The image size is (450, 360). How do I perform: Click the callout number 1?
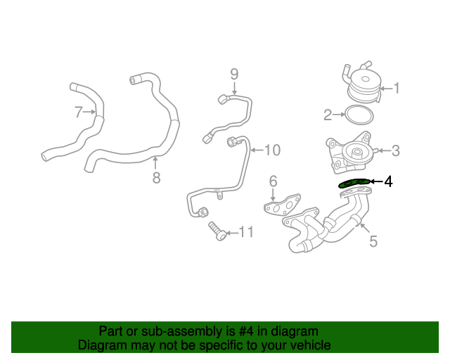coord(397,89)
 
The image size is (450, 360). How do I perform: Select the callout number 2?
coord(328,115)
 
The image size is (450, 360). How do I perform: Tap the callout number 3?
coord(396,150)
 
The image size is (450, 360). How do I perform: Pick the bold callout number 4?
coord(387,181)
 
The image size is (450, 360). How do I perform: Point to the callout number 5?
coord(373,241)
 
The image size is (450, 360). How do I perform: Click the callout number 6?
coord(274,182)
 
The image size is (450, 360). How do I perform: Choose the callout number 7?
coord(79,110)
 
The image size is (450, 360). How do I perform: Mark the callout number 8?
coord(156,177)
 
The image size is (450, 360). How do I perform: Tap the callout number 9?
coord(235,74)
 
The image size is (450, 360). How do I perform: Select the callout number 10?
coord(272,150)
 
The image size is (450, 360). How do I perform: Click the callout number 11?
coord(245,231)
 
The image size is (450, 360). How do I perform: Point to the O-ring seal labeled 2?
coord(358,114)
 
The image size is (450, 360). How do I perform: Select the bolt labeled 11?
coord(217,230)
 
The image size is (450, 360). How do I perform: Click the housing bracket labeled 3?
coord(349,153)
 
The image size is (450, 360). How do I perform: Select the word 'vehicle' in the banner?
coord(307,345)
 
